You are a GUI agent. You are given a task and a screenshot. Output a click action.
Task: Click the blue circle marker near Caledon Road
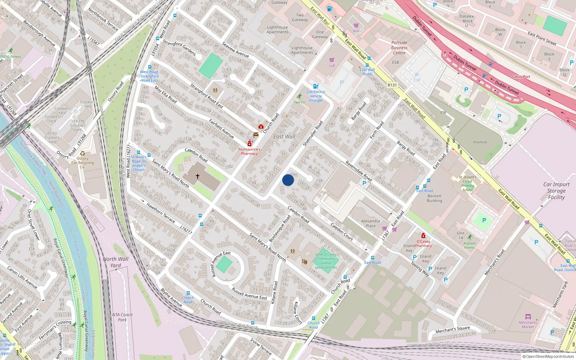pos(288,180)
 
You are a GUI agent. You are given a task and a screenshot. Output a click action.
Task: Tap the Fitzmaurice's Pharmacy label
pos(249,151)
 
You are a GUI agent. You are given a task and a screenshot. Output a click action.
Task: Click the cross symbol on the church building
pos(198,176)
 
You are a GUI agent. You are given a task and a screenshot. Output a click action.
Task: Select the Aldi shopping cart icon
pos(356,26)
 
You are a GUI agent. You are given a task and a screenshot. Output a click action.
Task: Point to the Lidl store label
pos(332,66)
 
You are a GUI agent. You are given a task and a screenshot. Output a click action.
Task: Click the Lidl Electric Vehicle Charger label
pos(316,96)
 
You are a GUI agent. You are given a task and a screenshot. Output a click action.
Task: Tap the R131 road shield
pos(392,85)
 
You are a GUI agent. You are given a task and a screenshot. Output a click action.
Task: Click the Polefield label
pos(480,142)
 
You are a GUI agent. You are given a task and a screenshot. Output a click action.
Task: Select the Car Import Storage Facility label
pos(556,191)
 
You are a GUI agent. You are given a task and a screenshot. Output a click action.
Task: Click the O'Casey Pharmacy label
pos(423,243)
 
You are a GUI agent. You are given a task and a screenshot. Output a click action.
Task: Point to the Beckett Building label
pos(435,198)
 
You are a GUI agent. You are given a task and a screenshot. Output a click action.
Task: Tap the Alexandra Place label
pos(370,224)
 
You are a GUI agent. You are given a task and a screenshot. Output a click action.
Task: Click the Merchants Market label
pos(528,324)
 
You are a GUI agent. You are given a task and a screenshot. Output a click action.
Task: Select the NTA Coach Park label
pos(122,317)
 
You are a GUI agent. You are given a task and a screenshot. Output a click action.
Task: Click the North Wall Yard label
pos(115,262)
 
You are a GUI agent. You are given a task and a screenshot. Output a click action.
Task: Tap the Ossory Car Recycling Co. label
pos(82,162)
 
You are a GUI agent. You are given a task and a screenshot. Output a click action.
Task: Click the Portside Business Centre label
pos(399,48)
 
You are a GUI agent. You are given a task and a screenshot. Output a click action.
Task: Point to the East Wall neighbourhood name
pos(284,137)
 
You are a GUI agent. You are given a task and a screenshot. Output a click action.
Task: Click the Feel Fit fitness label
pos(299,102)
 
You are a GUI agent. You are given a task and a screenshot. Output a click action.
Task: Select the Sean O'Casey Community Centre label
pos(326,261)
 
